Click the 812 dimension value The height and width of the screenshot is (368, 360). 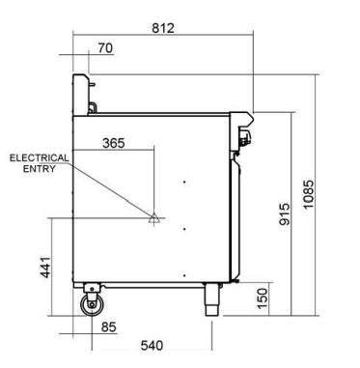coord(163,28)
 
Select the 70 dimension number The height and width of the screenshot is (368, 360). coord(105,48)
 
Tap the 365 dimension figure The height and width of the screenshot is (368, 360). coord(114,143)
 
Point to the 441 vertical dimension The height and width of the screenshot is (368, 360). coord(45,268)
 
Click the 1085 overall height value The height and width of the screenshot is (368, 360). coord(308,194)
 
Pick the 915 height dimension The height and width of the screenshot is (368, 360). coord(285,214)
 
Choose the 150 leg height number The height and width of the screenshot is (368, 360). coord(263,298)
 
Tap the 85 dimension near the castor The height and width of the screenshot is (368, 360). coord(108,327)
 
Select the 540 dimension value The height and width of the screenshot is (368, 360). coord(152,346)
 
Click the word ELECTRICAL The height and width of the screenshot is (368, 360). coord(40,158)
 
